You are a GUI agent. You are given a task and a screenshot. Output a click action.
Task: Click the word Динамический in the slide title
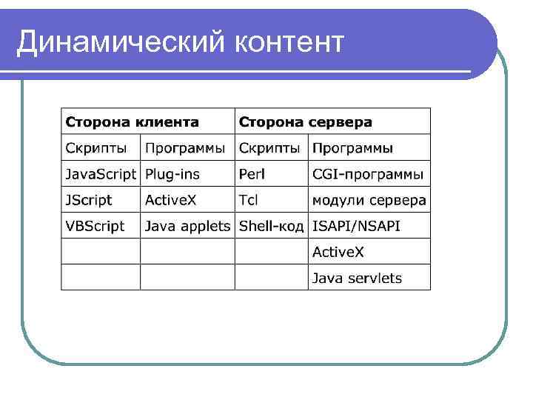tap(119, 42)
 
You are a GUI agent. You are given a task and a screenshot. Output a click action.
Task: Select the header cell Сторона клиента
tap(133, 121)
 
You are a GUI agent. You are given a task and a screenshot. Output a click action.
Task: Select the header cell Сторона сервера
tap(304, 121)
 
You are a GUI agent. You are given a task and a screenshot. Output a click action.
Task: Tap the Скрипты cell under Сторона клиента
tap(95, 148)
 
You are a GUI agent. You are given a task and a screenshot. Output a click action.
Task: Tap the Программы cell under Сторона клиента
tap(185, 148)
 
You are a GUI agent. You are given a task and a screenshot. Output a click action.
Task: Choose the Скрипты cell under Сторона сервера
tap(270, 148)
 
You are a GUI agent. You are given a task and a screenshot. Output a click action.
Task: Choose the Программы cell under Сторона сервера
tap(353, 148)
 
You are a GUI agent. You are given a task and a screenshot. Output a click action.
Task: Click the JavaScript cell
tap(101, 175)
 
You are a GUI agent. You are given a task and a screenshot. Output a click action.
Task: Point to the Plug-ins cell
tap(172, 175)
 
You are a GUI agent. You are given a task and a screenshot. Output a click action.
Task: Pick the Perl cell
tap(252, 175)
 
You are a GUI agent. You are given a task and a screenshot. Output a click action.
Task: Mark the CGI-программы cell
tap(368, 175)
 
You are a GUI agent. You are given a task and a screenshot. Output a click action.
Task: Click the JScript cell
tap(89, 200)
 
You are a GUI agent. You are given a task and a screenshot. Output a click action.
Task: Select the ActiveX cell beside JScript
tap(170, 200)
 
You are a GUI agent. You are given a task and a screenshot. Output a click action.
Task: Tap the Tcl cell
tap(249, 200)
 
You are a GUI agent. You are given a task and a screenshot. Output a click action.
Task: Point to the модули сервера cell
tap(369, 200)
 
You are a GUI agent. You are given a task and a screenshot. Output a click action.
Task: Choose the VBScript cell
tap(95, 226)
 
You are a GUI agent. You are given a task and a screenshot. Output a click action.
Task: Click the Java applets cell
tap(187, 226)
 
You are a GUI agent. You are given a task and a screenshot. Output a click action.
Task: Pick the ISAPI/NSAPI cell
tap(356, 226)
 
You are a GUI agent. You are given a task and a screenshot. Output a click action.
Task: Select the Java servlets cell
tap(357, 278)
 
